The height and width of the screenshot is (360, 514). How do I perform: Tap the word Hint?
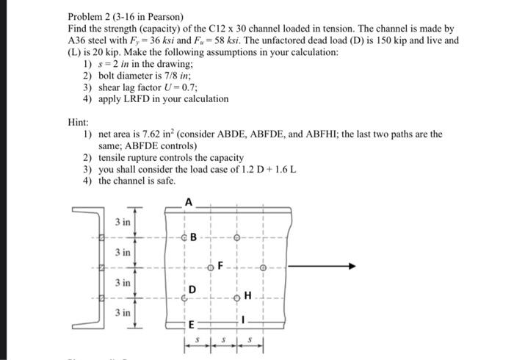pyautogui.click(x=78, y=122)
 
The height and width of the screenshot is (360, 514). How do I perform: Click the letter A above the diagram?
pyautogui.click(x=189, y=201)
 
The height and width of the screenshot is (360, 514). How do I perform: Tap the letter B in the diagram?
pyautogui.click(x=194, y=237)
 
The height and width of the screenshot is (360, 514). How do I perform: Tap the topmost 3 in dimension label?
pyautogui.click(x=123, y=222)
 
